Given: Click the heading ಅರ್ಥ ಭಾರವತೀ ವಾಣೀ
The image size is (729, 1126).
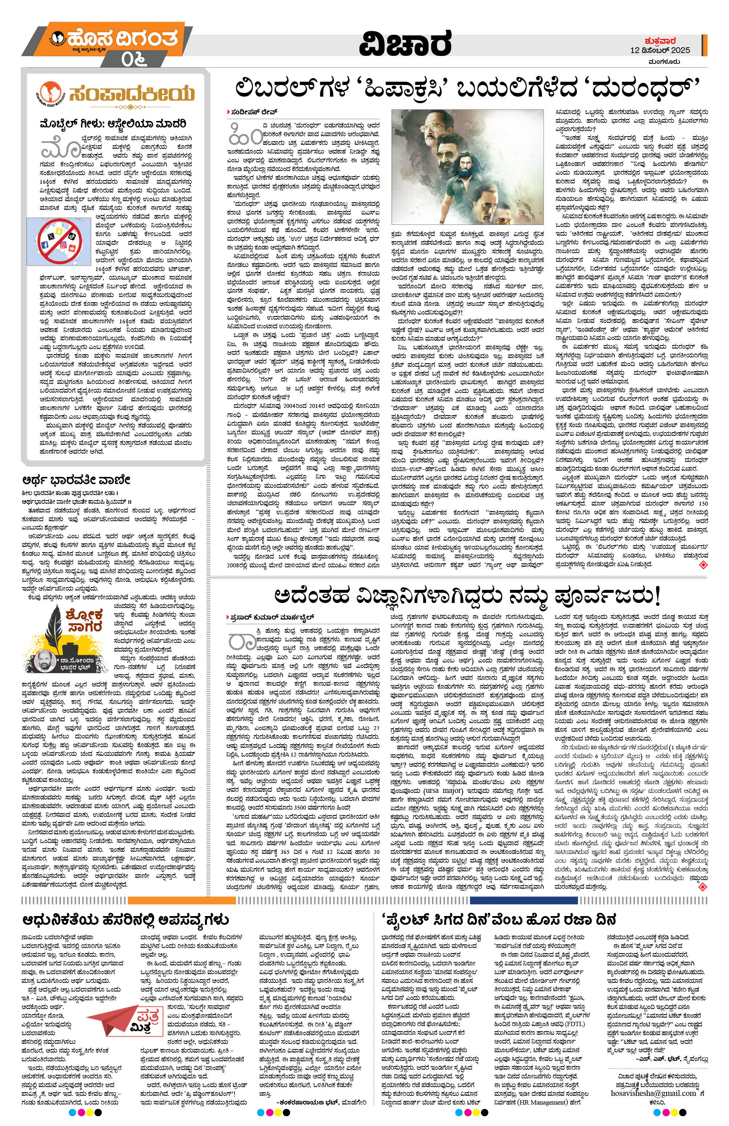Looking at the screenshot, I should pyautogui.click(x=76, y=479).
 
